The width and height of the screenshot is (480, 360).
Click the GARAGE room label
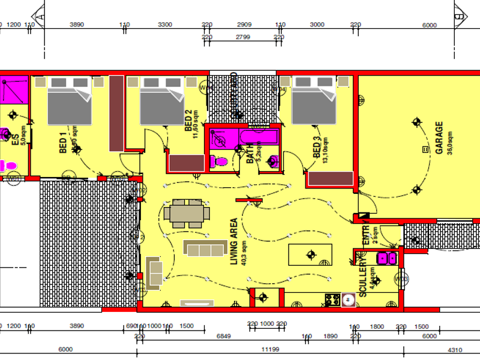click(x=439, y=138)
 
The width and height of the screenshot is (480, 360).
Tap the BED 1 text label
click(x=62, y=142)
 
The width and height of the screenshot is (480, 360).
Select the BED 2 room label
click(x=188, y=121)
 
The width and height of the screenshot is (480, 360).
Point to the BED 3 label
click(x=317, y=148)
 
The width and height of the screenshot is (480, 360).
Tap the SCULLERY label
click(x=362, y=278)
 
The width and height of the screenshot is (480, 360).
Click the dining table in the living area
click(x=187, y=213)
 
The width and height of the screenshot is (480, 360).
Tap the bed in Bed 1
click(x=70, y=101)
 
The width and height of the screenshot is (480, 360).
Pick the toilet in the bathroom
click(x=218, y=161)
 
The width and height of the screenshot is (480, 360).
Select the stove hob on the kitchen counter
click(x=332, y=298)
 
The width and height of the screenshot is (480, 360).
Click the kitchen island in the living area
click(x=310, y=254)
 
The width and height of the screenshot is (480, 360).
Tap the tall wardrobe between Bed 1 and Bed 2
click(x=116, y=113)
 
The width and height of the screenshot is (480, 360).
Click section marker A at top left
click(x=42, y=18)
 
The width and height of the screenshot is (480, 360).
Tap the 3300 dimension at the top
click(x=165, y=25)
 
